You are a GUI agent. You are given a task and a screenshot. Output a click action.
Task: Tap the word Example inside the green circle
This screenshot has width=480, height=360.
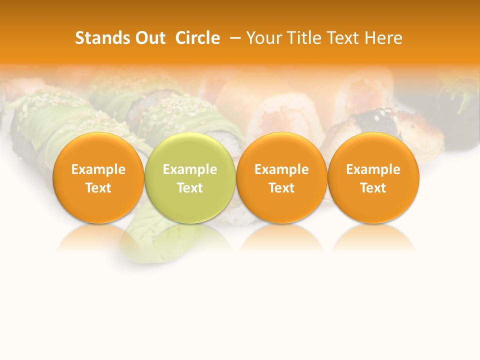pos(190,169)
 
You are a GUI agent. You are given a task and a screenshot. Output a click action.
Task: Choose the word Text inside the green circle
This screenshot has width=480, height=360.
pos(190,188)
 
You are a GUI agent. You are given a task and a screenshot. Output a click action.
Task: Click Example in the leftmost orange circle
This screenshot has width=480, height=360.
pos(98,169)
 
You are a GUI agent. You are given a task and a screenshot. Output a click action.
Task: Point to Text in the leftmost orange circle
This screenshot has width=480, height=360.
pos(98,188)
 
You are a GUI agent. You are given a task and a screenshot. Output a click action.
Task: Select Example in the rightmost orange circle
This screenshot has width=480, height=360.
pos(373,169)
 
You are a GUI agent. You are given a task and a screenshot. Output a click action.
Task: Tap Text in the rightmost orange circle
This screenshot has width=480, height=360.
pos(373,188)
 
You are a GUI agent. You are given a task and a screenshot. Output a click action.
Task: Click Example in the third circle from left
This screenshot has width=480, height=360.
pos(281,169)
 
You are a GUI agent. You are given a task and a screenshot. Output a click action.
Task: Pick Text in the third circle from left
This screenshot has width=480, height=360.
pos(281,188)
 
